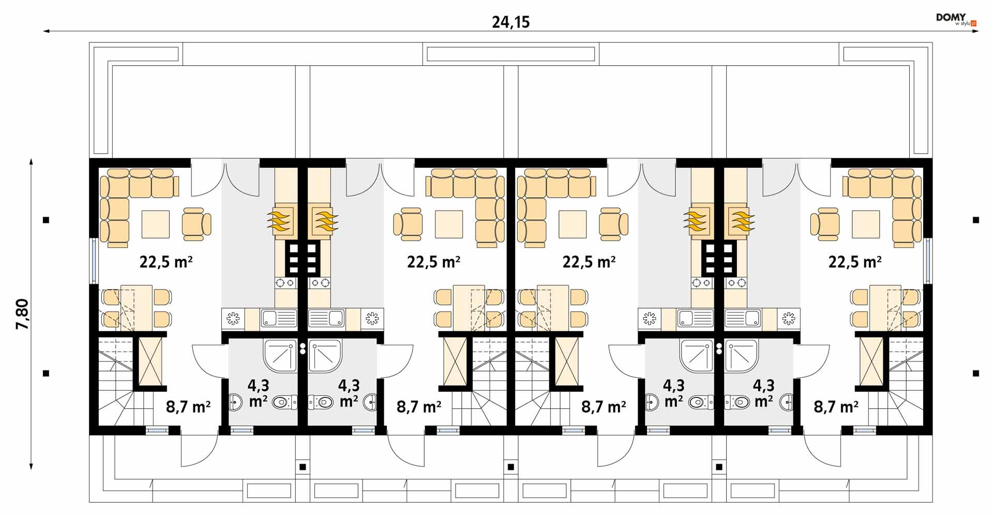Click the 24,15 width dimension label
(x=510, y=22)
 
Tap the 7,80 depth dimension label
(x=23, y=315)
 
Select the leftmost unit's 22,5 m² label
(x=166, y=262)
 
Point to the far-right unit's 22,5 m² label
(x=855, y=262)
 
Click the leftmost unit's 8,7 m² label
(x=188, y=407)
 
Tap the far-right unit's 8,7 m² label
(x=836, y=407)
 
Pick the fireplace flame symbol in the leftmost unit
(x=280, y=220)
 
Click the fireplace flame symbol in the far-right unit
(x=742, y=220)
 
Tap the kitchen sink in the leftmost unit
(x=279, y=318)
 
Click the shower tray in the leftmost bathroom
(x=281, y=356)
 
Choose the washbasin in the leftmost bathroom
(x=235, y=402)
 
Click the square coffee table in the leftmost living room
(x=156, y=224)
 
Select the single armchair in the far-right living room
(x=825, y=224)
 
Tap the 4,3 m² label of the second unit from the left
(x=349, y=393)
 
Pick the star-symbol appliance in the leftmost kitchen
(x=233, y=318)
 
